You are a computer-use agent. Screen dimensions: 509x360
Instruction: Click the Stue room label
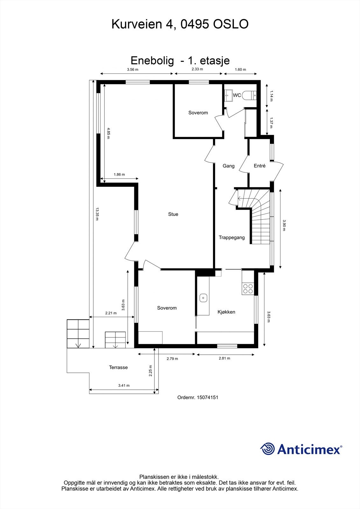point(173,214)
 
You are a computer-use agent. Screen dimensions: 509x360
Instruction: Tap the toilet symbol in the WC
point(249,95)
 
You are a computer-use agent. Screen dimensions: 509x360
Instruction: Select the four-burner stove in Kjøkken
point(248,288)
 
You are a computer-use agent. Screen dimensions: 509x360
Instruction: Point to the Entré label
point(259,166)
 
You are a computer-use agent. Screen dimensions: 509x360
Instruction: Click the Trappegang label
point(231,237)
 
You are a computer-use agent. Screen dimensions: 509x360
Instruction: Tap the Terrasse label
point(118,367)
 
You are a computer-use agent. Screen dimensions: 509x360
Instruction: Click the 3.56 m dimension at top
point(132,69)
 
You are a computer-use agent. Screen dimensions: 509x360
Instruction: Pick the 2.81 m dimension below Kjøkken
point(224,358)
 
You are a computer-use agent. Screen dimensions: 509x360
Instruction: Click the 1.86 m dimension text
point(119,174)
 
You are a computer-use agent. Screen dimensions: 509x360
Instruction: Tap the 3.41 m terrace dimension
point(124,385)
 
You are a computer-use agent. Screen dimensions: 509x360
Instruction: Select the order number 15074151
point(208,397)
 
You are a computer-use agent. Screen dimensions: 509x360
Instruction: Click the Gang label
point(228,166)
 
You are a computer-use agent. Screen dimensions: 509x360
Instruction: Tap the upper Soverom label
point(198,113)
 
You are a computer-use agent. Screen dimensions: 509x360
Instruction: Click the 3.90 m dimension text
point(284,225)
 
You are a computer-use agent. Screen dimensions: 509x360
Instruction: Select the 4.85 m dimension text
point(109,131)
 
